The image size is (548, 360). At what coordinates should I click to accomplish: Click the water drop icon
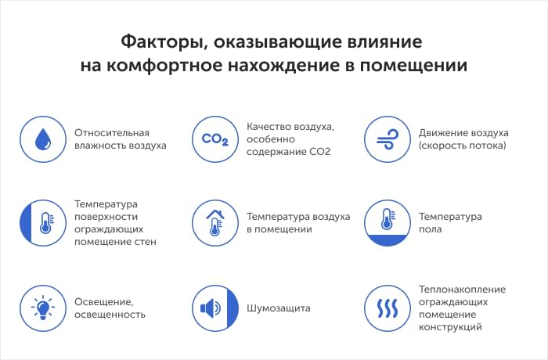(43, 139)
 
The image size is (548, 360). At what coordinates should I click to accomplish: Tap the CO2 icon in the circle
(215, 139)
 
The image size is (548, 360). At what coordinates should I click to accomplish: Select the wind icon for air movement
(388, 139)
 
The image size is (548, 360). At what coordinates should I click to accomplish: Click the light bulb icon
(43, 308)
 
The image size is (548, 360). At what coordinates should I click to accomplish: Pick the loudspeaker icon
(211, 308)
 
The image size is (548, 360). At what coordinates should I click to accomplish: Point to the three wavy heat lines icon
(388, 308)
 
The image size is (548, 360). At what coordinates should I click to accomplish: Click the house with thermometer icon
(215, 223)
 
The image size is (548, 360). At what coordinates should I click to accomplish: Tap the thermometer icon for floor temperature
(388, 219)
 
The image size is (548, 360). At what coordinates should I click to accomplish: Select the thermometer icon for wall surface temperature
(46, 223)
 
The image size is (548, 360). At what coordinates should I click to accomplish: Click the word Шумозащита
(279, 308)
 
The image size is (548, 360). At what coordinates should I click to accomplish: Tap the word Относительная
(112, 133)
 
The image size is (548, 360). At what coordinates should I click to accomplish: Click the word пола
(431, 229)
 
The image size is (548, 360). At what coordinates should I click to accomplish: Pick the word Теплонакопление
(462, 290)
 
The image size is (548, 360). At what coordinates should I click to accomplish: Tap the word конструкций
(450, 327)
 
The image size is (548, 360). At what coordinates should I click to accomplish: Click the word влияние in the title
(384, 41)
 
